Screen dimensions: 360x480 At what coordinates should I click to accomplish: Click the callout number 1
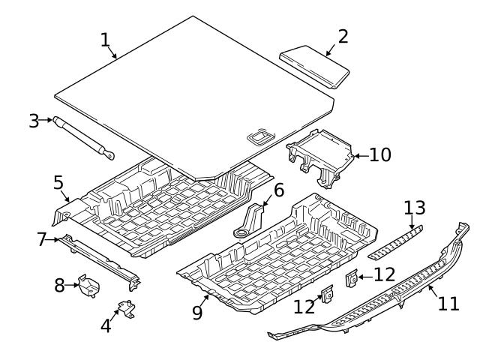click(x=106, y=39)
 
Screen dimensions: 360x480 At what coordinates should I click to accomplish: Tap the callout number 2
click(x=343, y=36)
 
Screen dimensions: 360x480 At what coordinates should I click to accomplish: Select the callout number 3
click(x=34, y=121)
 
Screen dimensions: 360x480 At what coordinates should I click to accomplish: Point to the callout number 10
click(x=380, y=155)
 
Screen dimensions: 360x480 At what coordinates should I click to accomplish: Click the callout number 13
click(x=415, y=207)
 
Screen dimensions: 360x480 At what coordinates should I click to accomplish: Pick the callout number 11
click(x=448, y=304)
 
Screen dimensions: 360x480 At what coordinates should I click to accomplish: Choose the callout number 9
click(x=197, y=311)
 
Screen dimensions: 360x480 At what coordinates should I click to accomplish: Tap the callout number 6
click(x=278, y=190)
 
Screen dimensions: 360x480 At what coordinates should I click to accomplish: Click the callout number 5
click(x=58, y=182)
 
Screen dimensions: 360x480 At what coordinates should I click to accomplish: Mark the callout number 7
click(x=42, y=240)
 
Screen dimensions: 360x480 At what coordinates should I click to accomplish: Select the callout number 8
click(x=60, y=284)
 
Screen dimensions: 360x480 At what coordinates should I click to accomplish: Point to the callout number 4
click(x=106, y=325)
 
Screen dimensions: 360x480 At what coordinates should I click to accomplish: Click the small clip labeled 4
click(x=125, y=309)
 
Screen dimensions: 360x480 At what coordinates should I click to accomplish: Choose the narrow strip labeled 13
click(x=394, y=241)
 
